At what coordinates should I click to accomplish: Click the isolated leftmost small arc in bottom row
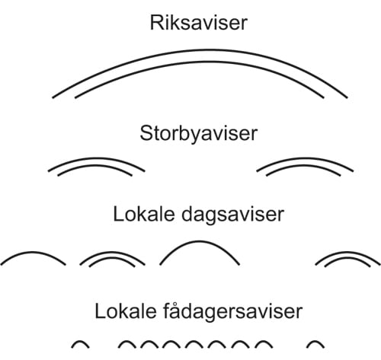81,342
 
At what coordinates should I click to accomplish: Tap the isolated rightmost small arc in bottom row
319,342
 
